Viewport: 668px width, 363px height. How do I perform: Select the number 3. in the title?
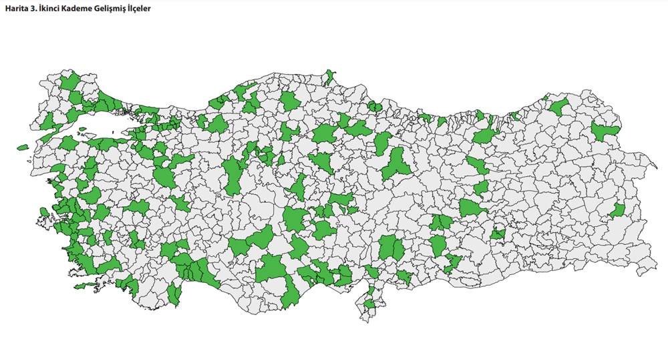tap(35, 9)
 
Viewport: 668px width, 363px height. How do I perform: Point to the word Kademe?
tap(79, 9)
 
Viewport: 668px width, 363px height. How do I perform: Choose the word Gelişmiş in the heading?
tap(114, 9)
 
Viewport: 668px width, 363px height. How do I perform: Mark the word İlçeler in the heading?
tap(146, 9)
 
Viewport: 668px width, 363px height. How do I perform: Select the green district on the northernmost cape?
tap(329, 77)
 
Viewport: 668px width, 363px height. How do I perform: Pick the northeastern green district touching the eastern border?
tap(607, 132)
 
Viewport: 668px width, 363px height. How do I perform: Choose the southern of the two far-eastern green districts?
tap(618, 211)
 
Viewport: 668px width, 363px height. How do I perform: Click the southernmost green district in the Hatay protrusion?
tap(369, 306)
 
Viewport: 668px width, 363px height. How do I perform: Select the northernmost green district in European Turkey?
tap(68, 81)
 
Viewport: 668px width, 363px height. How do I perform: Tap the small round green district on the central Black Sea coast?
tap(375, 107)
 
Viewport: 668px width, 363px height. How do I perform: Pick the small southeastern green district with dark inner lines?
tap(498, 234)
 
